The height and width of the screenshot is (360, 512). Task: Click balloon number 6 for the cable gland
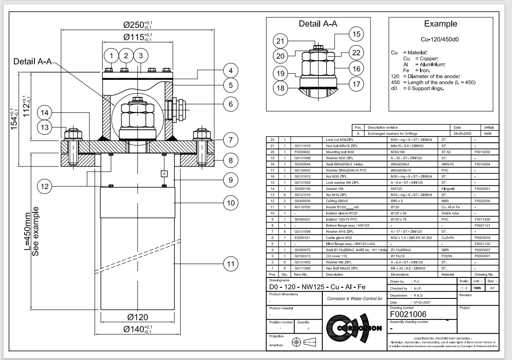[x=230, y=104]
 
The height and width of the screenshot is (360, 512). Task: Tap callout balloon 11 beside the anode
[x=230, y=265]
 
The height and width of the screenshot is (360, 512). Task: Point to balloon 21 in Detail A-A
[x=280, y=41]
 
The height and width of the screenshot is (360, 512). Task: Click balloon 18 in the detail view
[x=280, y=88]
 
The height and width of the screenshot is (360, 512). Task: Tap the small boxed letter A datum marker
[x=164, y=173]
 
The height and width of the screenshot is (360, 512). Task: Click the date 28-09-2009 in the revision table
[x=460, y=133]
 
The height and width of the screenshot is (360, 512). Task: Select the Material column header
[x=448, y=274]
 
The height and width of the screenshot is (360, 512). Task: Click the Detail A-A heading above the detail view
[x=316, y=24]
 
